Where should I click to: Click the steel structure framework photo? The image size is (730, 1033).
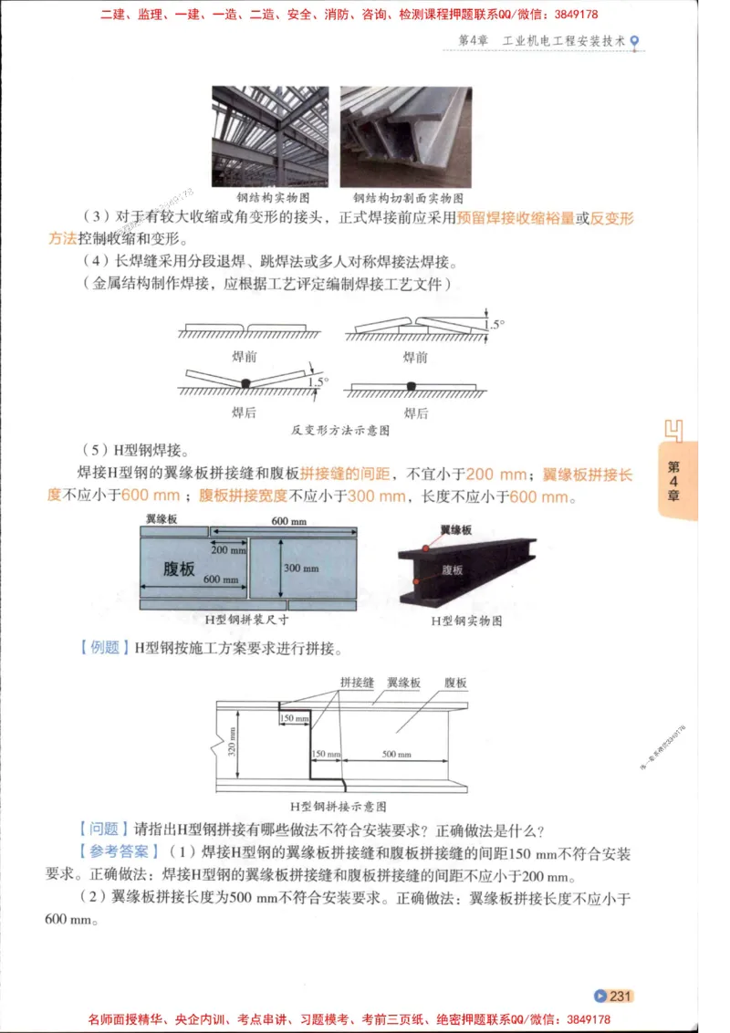(270, 137)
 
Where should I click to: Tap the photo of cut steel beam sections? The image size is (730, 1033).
(405, 137)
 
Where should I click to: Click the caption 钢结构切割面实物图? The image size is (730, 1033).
(408, 198)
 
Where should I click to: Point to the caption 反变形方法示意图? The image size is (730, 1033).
(340, 429)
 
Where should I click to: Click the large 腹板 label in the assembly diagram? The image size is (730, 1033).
(179, 569)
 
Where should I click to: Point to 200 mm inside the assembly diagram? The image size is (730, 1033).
(229, 549)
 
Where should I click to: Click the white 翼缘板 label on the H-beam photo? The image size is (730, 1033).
(455, 529)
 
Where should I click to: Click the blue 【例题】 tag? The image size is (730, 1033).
(99, 649)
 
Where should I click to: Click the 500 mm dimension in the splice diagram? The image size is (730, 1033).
(396, 755)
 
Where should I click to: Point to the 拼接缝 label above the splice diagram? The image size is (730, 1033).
(357, 682)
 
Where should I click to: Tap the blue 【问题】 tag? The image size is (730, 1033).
(99, 830)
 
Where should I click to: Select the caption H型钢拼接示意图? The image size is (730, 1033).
(338, 807)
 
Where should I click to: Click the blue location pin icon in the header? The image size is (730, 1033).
(635, 41)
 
